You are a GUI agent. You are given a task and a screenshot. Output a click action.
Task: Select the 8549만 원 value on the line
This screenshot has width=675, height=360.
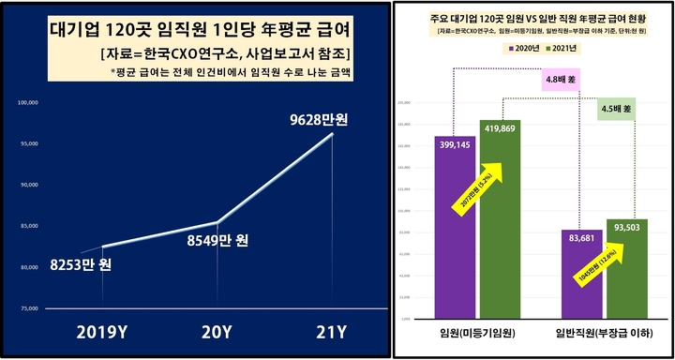click(x=215, y=240)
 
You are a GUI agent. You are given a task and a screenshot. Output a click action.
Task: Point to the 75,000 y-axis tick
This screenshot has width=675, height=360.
click(x=27, y=308)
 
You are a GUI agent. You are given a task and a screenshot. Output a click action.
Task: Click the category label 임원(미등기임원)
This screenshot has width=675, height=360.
click(x=476, y=334)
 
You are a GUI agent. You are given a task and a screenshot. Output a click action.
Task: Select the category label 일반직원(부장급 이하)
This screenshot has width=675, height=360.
click(x=607, y=334)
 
